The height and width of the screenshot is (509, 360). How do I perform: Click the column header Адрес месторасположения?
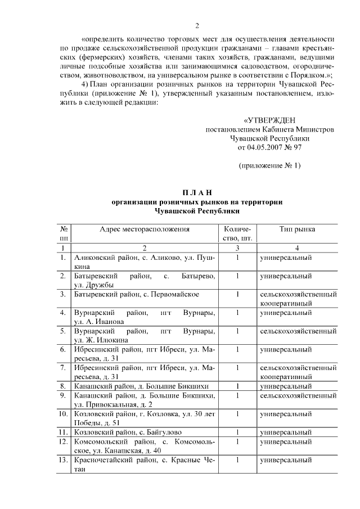coord(145,229)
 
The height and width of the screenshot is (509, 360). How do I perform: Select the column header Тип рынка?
coord(297,229)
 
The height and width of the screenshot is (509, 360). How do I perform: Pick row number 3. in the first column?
coord(64,294)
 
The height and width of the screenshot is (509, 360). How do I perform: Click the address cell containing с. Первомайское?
coord(145,294)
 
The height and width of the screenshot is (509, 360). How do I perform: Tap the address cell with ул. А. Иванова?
coord(145,317)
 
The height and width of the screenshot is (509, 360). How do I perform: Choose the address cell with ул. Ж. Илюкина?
coord(145,335)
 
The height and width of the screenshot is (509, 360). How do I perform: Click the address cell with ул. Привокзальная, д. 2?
coord(145,400)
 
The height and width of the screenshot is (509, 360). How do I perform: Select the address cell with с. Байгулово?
coord(145,431)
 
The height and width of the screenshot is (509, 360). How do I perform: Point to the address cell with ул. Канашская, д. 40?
coord(145,446)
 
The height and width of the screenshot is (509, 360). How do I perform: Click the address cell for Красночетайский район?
coord(145,465)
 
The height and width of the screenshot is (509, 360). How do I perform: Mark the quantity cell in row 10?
coord(238,414)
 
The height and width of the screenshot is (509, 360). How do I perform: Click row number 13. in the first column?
coord(64,461)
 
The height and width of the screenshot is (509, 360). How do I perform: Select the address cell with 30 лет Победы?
coord(145,418)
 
